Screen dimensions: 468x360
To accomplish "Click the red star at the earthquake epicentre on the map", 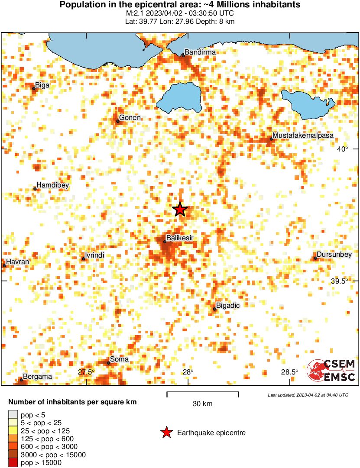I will point(180,210).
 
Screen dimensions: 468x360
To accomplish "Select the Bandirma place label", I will point(200,52).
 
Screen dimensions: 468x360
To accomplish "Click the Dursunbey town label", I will point(334,255).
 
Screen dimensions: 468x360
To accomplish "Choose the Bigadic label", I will point(228,306).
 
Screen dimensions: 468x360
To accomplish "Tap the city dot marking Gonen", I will point(117,121).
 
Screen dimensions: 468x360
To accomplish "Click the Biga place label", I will point(42,85).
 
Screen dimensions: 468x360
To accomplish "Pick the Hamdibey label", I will point(52,185).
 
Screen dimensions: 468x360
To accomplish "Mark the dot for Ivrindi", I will point(84,259).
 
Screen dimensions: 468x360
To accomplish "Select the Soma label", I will point(119,359).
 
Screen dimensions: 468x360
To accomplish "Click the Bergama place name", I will point(37,377).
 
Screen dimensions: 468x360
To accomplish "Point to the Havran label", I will point(17,262).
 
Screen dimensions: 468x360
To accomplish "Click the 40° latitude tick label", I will point(342,149).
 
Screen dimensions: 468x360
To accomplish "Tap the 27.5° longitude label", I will point(86,372).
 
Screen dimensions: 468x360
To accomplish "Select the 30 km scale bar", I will point(202,394).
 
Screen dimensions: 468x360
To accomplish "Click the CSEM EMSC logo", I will point(331,371).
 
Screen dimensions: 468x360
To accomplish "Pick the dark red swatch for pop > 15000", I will point(13,463).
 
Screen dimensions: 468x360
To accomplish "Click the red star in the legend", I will point(166,432).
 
